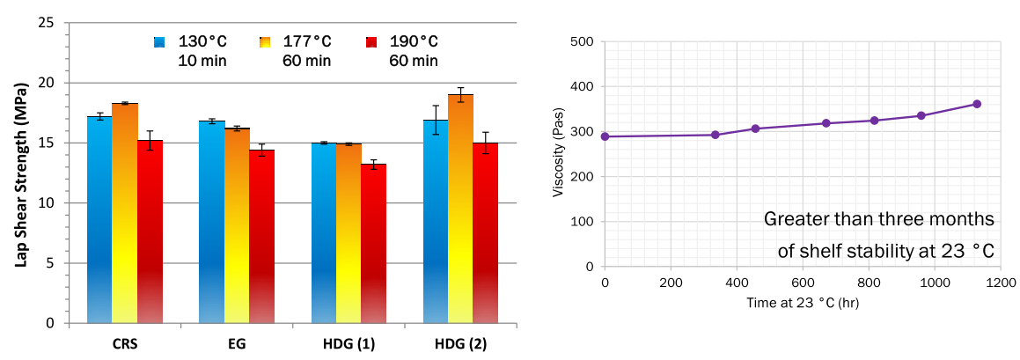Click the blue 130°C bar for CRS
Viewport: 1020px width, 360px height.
[99, 220]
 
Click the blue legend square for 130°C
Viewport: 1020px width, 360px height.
[159, 42]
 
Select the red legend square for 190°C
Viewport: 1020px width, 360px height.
[371, 42]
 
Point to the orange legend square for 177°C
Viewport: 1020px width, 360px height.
[265, 42]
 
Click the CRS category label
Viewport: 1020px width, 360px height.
[125, 344]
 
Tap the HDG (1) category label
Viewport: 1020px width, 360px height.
[349, 344]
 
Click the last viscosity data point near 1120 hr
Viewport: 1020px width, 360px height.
[977, 104]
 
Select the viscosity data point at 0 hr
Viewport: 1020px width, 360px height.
[605, 136]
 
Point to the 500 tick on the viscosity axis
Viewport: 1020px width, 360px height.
[583, 41]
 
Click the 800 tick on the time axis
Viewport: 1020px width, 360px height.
[737, 283]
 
